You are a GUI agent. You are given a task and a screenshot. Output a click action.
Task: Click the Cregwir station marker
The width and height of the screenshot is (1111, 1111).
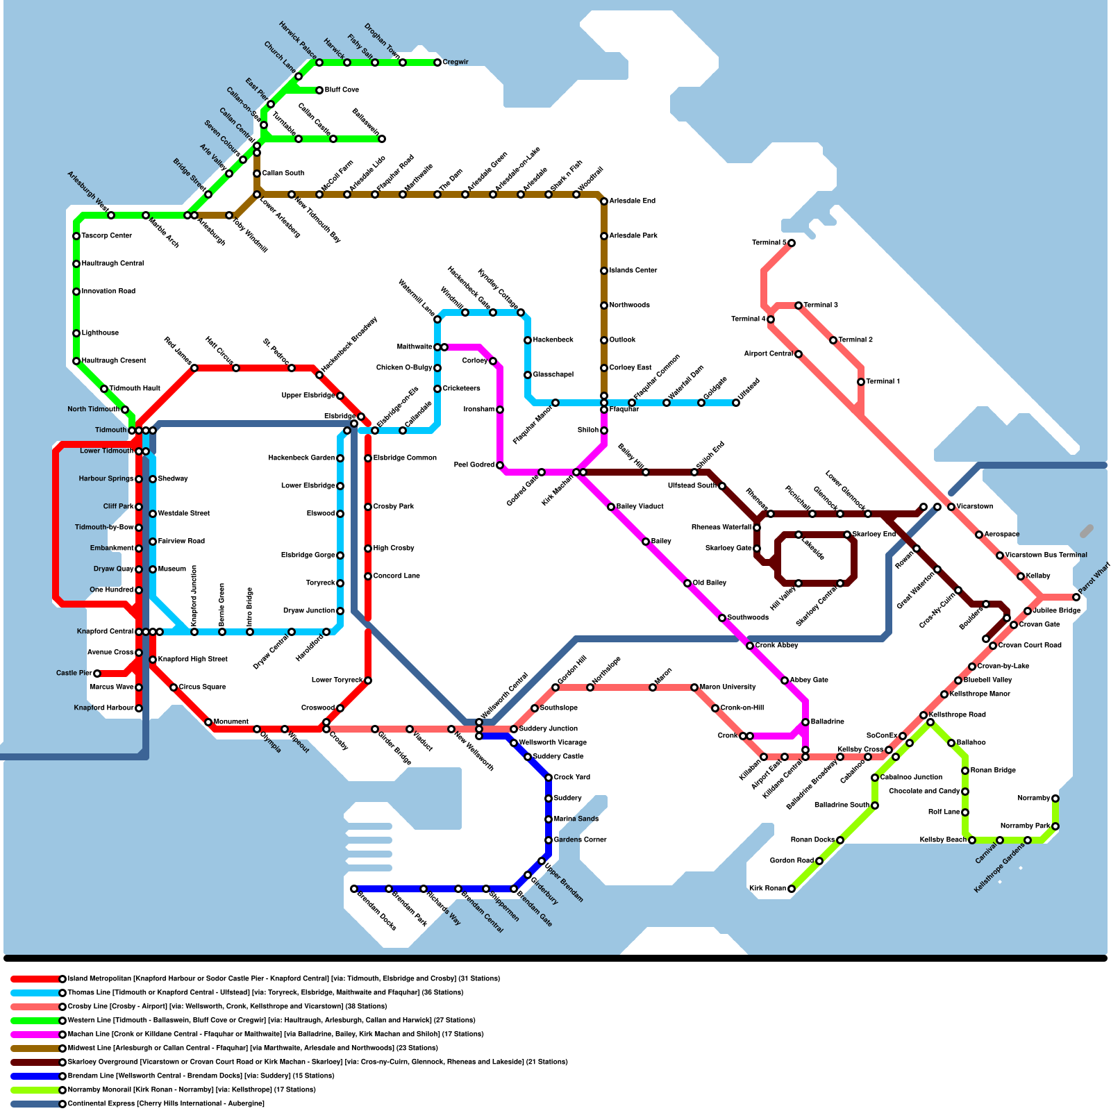click(x=437, y=62)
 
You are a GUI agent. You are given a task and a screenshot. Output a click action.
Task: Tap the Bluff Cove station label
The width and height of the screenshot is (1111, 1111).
click(x=342, y=90)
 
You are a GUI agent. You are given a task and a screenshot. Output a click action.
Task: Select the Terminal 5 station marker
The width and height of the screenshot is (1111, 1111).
click(x=791, y=243)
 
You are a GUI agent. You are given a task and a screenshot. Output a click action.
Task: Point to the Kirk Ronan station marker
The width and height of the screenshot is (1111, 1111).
click(x=791, y=889)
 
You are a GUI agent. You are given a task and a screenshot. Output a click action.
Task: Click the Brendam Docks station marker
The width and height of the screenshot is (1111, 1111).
click(x=354, y=889)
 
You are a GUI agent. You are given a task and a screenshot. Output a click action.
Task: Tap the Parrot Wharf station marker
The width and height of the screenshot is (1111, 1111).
click(x=1076, y=597)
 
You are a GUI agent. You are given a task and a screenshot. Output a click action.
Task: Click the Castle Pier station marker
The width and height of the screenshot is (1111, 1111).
click(x=97, y=674)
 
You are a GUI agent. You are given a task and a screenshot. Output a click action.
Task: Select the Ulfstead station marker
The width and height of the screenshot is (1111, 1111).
click(x=736, y=403)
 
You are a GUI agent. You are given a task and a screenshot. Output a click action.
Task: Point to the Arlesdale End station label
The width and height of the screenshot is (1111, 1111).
click(x=632, y=201)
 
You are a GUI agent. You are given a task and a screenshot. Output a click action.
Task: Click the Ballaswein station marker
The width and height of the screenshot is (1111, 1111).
click(x=382, y=139)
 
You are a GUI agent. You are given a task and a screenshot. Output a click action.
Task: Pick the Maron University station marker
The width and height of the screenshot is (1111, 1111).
click(x=694, y=687)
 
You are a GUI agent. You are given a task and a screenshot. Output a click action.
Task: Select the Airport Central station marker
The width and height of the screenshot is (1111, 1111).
click(x=799, y=354)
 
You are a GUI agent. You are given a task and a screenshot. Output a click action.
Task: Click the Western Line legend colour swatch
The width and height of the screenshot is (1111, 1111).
click(x=35, y=1021)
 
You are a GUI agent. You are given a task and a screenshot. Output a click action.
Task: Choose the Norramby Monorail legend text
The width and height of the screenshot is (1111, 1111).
click(x=192, y=1090)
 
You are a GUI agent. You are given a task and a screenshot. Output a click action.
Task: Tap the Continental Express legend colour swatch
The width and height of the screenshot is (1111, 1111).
click(x=35, y=1104)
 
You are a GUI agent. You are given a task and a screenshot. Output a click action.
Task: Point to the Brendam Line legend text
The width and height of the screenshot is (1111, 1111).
click(x=201, y=1076)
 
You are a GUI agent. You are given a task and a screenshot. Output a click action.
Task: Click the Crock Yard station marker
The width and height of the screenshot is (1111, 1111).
click(x=549, y=778)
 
